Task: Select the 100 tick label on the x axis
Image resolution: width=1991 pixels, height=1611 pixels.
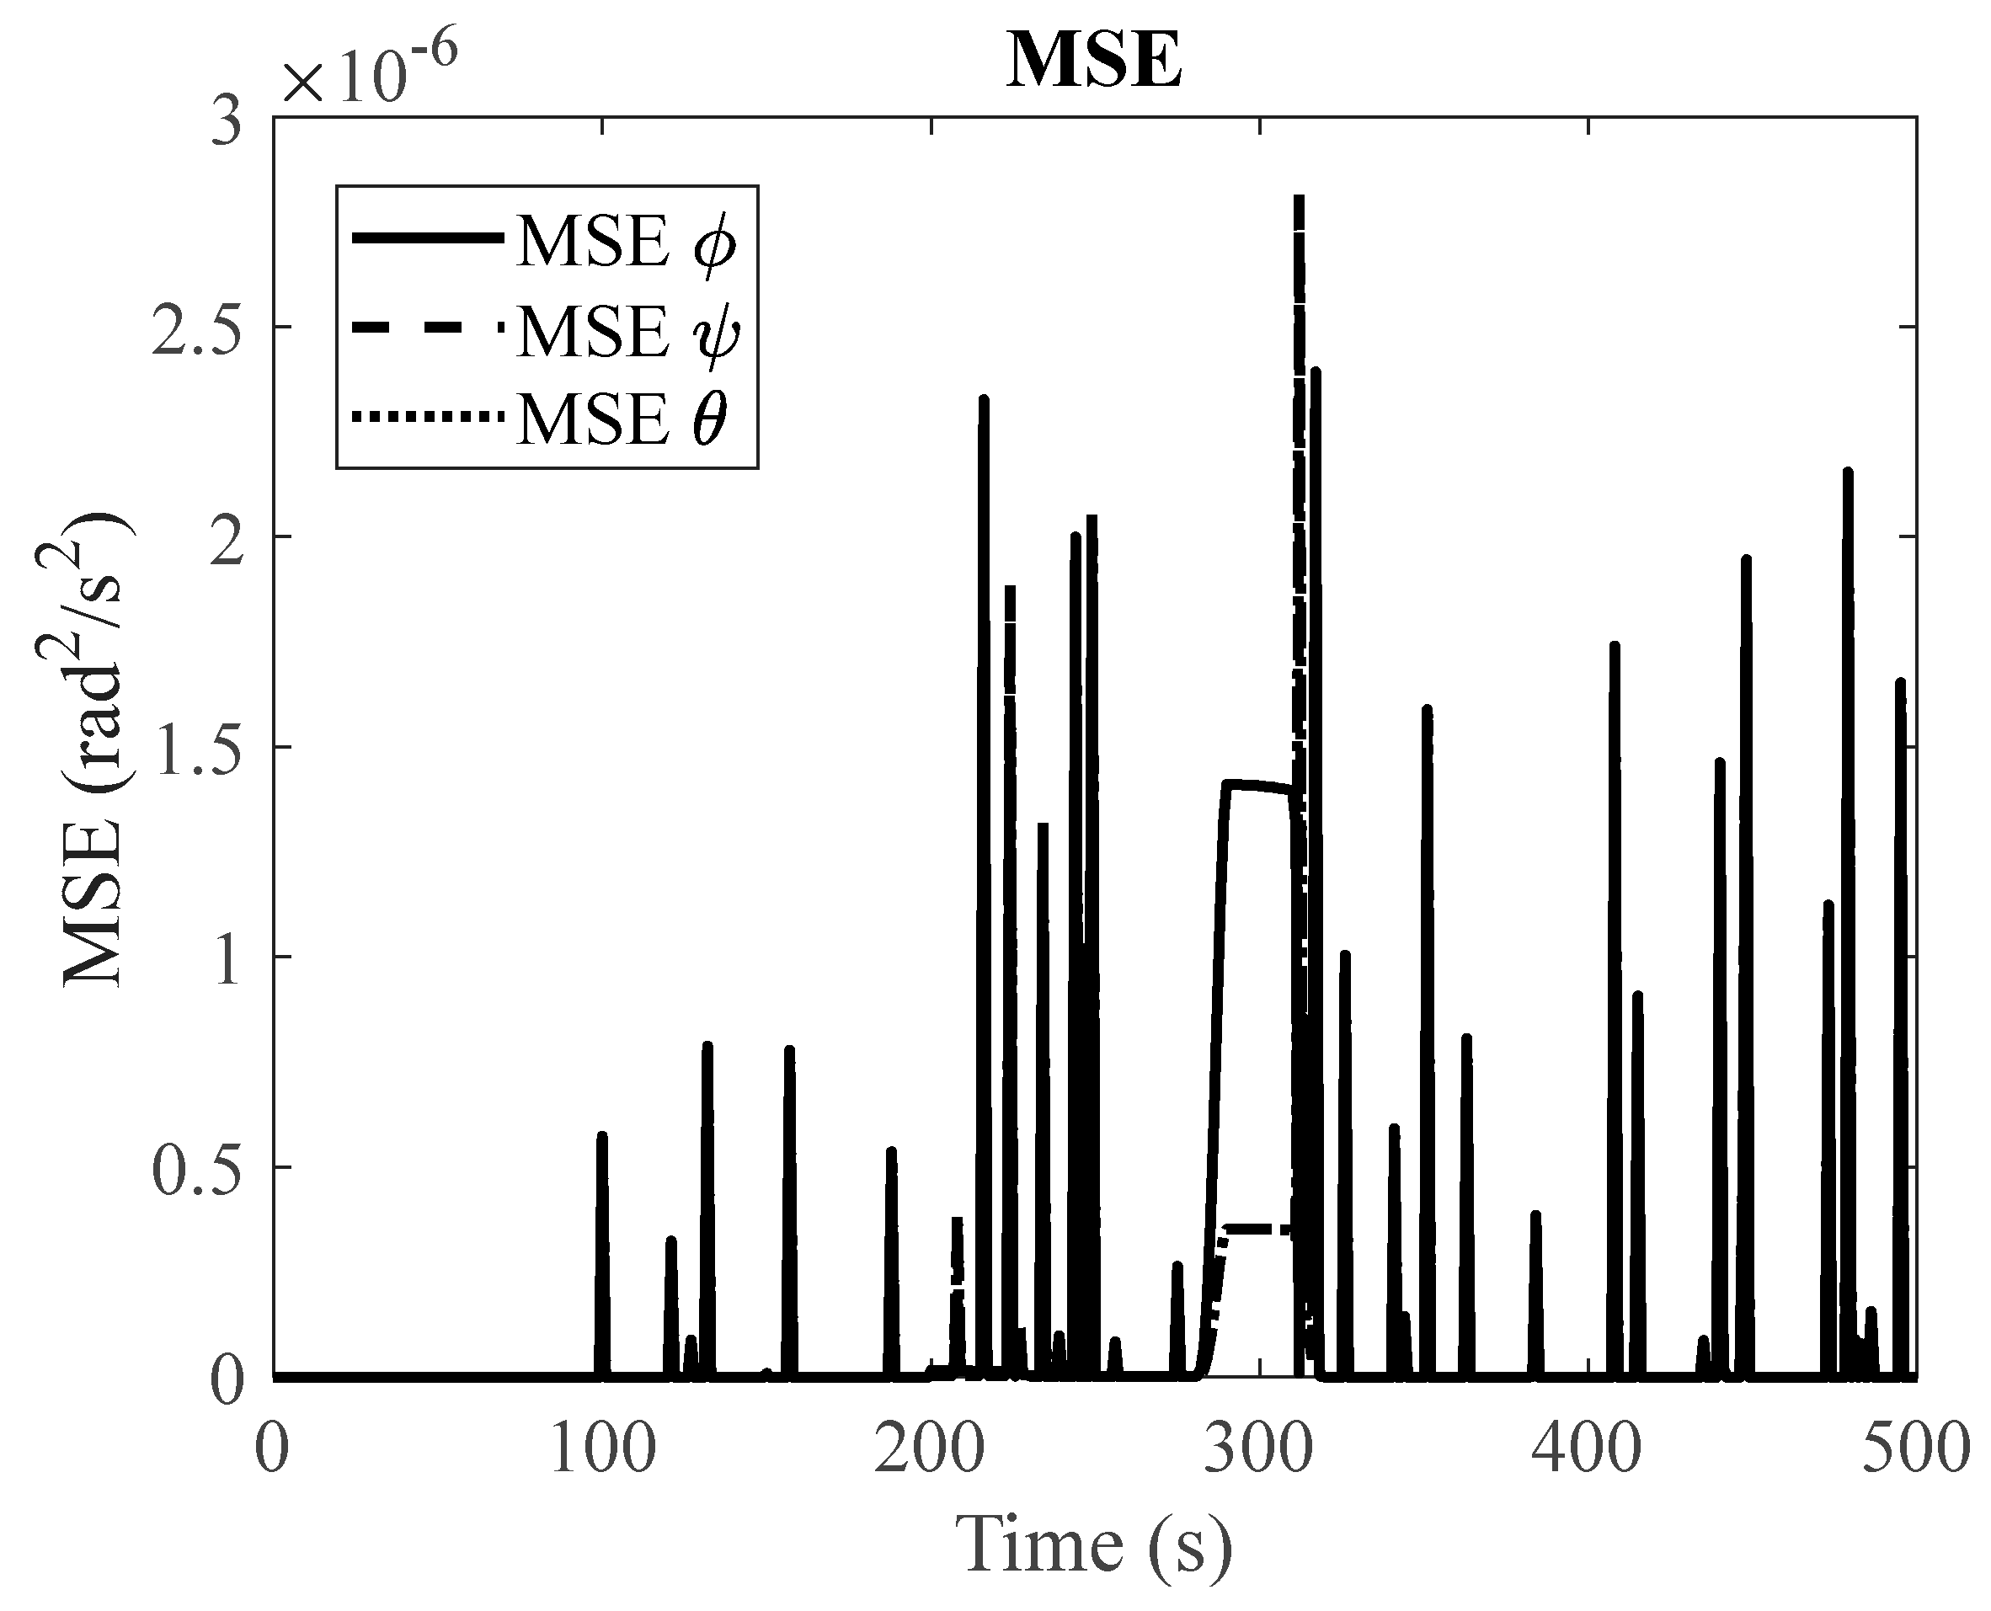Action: [601, 1450]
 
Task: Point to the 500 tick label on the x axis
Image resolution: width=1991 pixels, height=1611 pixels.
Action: [1915, 1450]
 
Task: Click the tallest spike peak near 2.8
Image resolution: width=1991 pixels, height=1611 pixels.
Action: [1300, 199]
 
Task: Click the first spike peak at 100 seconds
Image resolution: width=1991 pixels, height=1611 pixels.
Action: [601, 1136]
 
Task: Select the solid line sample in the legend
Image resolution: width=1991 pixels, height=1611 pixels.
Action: [426, 238]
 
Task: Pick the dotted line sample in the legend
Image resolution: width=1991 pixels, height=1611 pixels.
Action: [426, 419]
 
